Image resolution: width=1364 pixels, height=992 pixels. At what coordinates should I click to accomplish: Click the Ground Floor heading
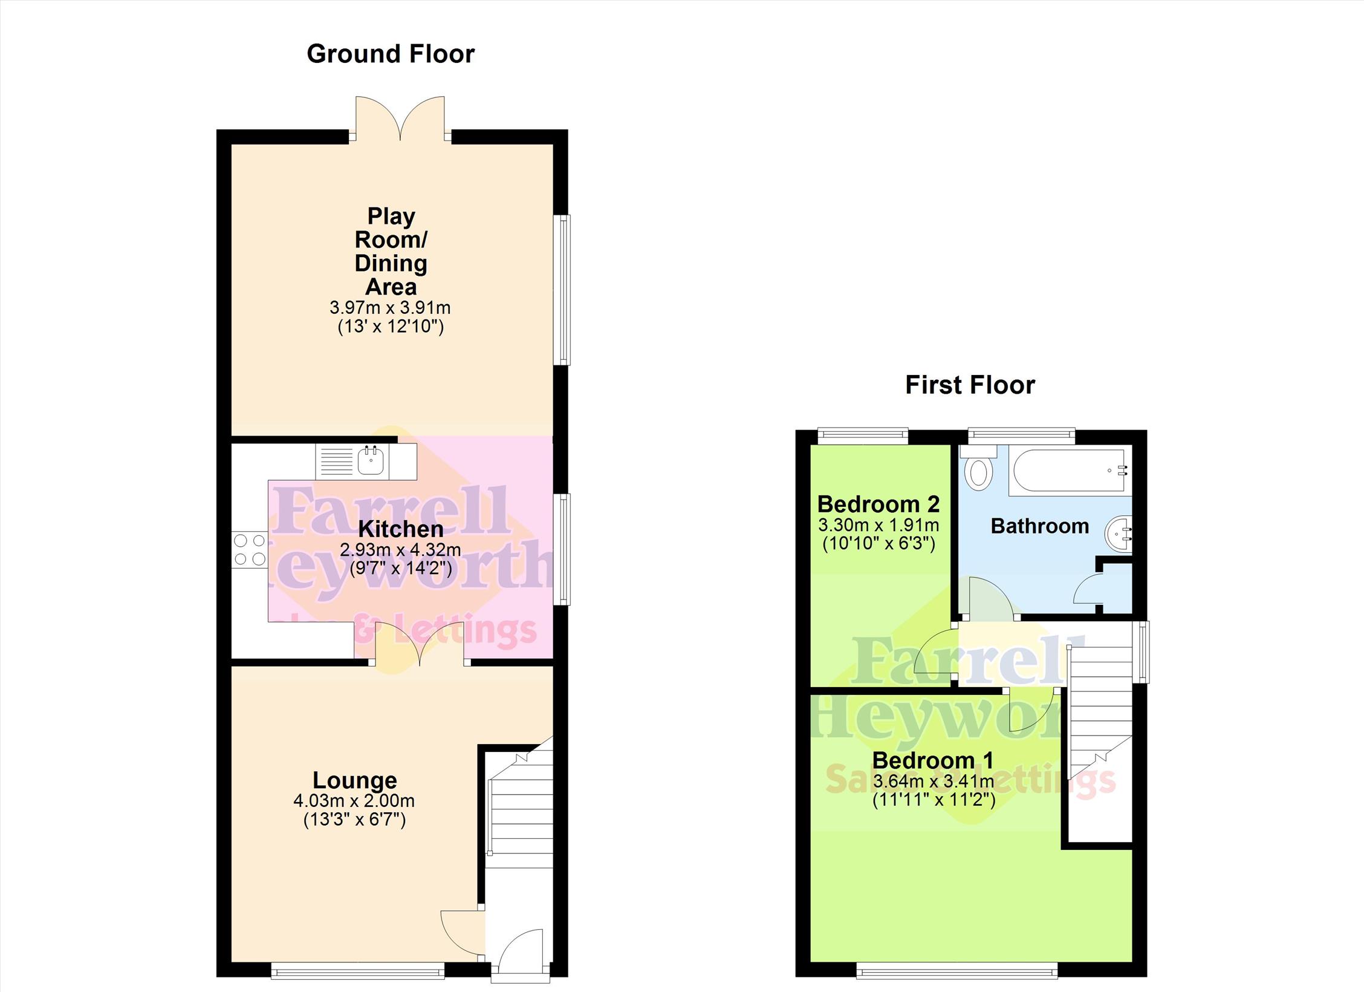[391, 54]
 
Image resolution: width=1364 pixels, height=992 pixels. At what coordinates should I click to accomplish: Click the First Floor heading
[970, 385]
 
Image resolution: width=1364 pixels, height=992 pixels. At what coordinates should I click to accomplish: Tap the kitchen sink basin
[371, 462]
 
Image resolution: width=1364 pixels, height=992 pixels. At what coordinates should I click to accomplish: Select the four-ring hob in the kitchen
[250, 550]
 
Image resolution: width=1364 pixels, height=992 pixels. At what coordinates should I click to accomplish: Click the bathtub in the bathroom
[1070, 471]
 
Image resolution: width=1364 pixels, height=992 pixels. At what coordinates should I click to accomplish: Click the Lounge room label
[354, 780]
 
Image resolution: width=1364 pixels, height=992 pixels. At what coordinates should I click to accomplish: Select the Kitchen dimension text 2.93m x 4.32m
[400, 550]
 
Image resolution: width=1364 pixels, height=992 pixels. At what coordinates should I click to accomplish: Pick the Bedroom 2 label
[878, 503]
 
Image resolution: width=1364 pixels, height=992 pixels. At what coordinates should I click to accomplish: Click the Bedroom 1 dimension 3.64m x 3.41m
[934, 781]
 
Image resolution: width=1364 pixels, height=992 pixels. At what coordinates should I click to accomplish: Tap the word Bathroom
[1040, 526]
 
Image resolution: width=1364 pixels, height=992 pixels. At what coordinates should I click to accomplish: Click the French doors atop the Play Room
[400, 119]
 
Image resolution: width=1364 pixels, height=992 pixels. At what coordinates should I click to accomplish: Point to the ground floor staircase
[520, 804]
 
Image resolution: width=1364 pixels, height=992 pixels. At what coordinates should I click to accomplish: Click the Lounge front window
[358, 973]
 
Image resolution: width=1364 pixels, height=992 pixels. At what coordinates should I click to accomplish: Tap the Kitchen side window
[563, 549]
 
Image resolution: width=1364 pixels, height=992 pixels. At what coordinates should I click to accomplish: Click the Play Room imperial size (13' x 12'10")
[391, 327]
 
